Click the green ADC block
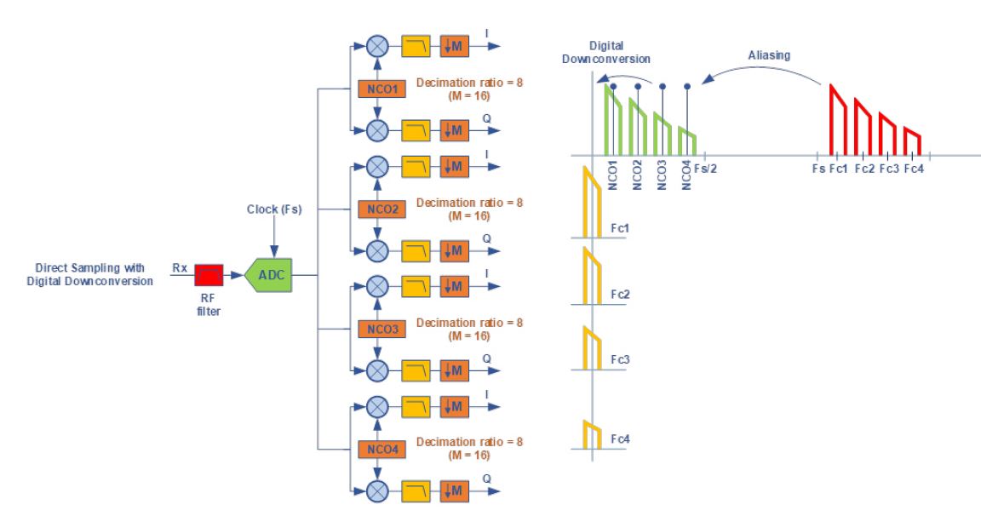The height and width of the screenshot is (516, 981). pos(269,274)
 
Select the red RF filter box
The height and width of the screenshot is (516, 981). pos(209,274)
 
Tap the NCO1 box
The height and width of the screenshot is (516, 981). pos(381,89)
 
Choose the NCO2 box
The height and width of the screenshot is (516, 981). pos(381,209)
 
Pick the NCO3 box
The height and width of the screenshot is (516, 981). pos(381,329)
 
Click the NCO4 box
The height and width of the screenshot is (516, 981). pos(381,449)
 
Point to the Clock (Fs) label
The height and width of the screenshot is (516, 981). pos(274,209)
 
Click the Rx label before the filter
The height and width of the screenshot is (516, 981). pos(180,267)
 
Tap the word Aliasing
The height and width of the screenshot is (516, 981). pos(769,55)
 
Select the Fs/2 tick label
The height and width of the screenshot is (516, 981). pos(705,169)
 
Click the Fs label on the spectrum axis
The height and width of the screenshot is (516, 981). pos(818,169)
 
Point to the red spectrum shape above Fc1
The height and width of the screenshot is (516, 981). pos(838,119)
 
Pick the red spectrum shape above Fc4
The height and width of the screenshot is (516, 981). pos(912,141)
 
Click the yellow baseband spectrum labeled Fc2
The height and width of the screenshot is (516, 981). pos(592,276)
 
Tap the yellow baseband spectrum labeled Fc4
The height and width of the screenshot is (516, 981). pos(592,435)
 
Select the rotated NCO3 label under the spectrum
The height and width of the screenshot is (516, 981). pos(662,175)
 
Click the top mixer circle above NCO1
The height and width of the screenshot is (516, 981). pos(376,46)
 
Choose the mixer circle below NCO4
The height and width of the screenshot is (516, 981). pos(376,491)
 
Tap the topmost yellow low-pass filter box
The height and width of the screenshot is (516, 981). pos(416,46)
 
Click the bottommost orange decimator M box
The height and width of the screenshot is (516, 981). pos(454,491)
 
